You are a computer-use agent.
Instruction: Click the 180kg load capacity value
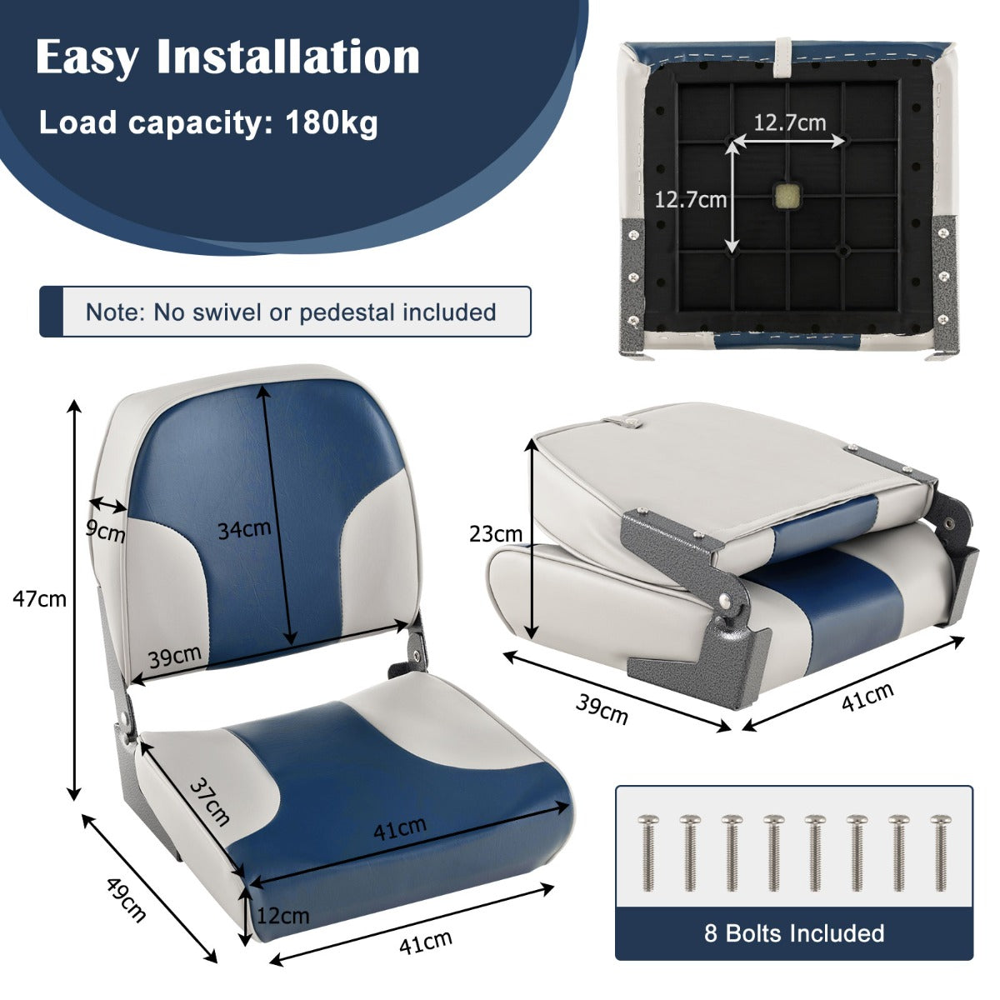pos(332,123)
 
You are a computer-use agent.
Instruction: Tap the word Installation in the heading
pos(287,57)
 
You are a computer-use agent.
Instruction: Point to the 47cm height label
pos(39,597)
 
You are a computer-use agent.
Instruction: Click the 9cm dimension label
pos(106,531)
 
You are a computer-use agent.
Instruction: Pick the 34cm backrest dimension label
pos(244,528)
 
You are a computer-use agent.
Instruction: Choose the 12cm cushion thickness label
pos(282,916)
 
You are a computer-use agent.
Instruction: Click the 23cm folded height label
pos(495,534)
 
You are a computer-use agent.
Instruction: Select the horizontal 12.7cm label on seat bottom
pos(789,123)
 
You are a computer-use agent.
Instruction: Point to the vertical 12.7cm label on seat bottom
pos(690,200)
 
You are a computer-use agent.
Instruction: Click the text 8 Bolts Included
pos(794,932)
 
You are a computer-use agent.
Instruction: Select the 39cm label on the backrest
pos(174,657)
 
